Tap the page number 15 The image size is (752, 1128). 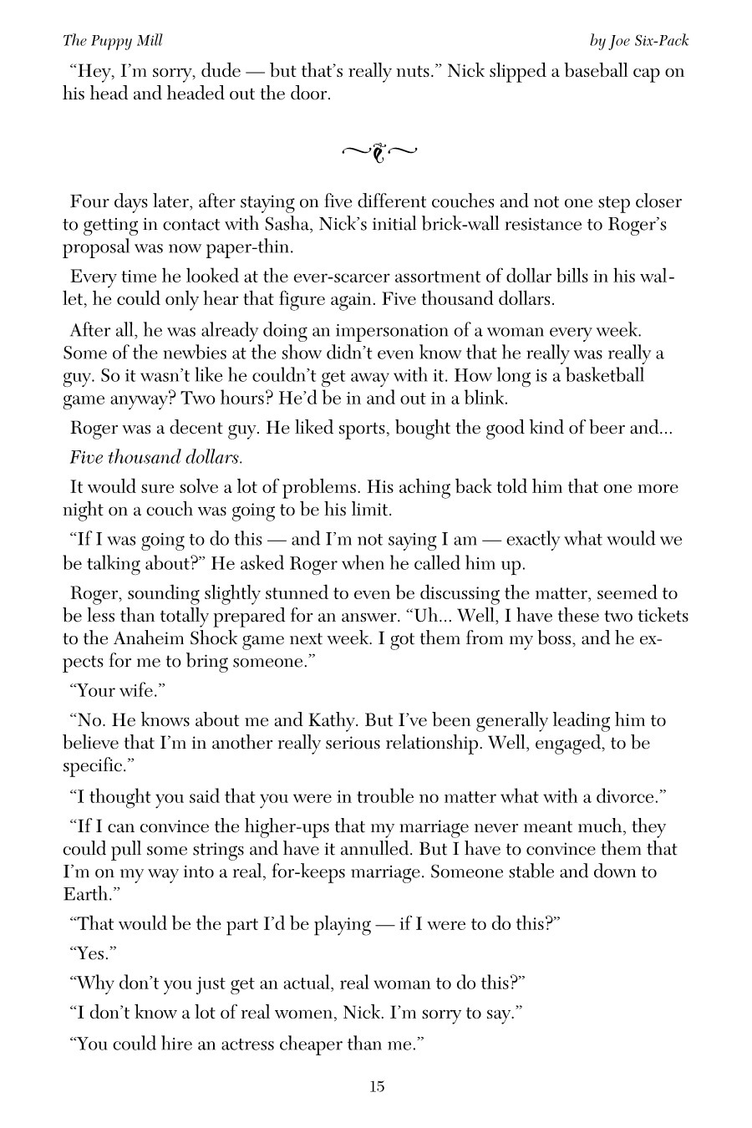click(x=376, y=1086)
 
